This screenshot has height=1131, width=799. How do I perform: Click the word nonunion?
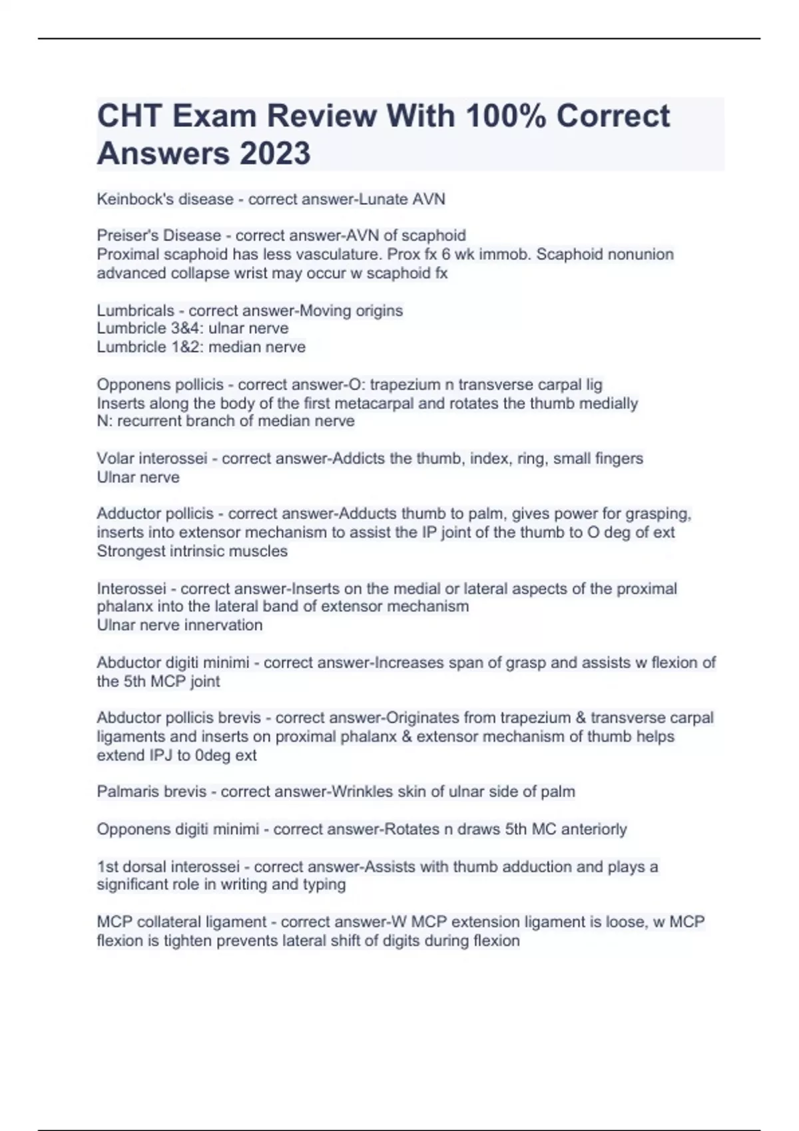click(642, 254)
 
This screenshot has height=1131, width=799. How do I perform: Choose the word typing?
click(324, 884)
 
